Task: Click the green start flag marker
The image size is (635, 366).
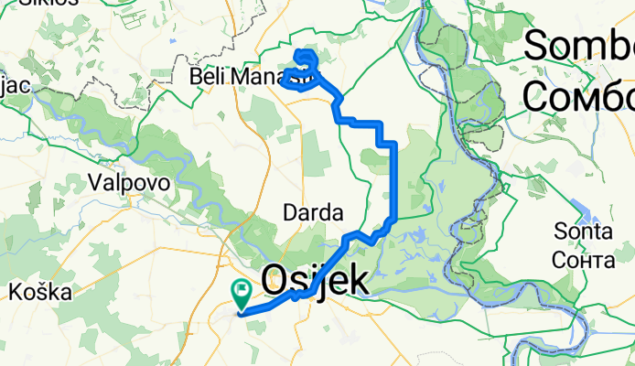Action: coord(242,294)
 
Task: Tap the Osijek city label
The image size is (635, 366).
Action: coord(317,281)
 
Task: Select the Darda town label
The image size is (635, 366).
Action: coord(313,212)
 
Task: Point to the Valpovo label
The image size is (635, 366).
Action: coord(130,182)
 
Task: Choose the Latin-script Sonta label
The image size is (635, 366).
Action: coord(582,234)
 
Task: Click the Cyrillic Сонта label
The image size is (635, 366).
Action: coord(583,260)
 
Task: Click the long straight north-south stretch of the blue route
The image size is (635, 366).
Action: coord(393,183)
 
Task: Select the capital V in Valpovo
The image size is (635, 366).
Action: coord(96,182)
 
